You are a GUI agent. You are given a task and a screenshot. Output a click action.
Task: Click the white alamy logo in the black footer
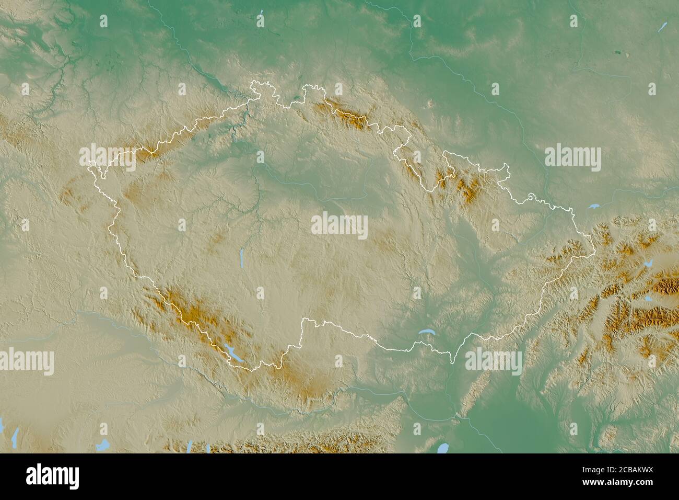click(x=53, y=476)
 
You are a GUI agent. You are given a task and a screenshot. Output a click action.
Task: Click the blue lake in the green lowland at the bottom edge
click(x=443, y=448)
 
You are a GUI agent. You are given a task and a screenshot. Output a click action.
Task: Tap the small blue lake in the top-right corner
click(x=663, y=25)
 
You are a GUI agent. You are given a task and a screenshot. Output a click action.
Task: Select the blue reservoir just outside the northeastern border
click(x=593, y=207)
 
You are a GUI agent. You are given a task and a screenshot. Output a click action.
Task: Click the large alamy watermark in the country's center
click(x=340, y=225)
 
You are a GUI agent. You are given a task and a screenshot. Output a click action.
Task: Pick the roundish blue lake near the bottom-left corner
click(x=103, y=445)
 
